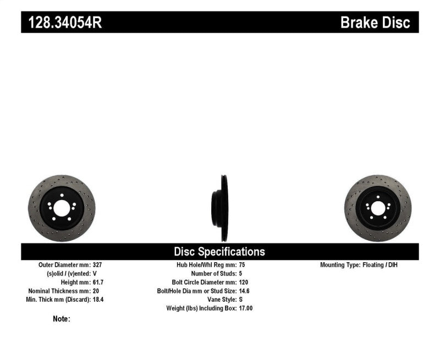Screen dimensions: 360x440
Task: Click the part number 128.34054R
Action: click(x=61, y=23)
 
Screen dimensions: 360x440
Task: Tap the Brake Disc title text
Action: click(x=375, y=23)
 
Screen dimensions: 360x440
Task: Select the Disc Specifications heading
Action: click(x=219, y=252)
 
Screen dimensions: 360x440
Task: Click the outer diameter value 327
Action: click(x=98, y=265)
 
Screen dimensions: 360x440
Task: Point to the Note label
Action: click(x=62, y=319)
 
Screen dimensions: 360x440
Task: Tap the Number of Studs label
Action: click(x=213, y=273)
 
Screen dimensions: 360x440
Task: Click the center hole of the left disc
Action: click(x=61, y=208)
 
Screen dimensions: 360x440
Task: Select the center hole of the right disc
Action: click(x=378, y=208)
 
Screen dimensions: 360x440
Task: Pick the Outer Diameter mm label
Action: click(x=64, y=265)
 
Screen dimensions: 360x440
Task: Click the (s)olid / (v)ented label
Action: click(x=68, y=273)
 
